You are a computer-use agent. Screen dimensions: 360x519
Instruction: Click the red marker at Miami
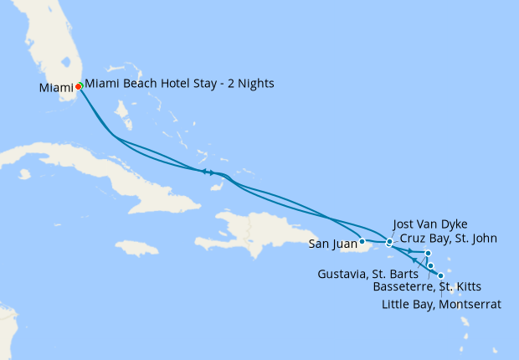(x=79, y=85)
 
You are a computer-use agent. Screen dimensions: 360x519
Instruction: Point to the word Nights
(x=255, y=84)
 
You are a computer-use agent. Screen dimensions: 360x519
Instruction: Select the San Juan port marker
(x=362, y=241)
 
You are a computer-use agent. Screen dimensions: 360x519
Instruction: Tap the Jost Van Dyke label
(x=429, y=224)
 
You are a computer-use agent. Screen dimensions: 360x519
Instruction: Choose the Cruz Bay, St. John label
(x=448, y=239)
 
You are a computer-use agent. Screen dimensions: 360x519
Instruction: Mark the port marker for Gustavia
(x=428, y=253)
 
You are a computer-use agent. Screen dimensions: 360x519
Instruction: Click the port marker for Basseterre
(x=431, y=266)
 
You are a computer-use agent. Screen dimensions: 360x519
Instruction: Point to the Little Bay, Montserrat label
(x=441, y=304)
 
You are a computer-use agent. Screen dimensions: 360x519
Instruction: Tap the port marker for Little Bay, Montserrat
(x=441, y=275)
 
